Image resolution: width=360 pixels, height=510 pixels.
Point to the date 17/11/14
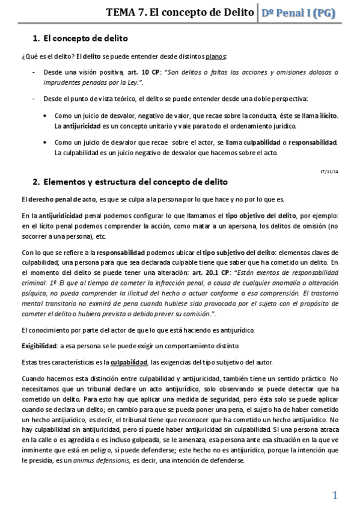click(x=329, y=171)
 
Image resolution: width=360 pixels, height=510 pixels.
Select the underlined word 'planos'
click(x=216, y=57)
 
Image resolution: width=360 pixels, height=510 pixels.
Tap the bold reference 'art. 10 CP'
click(x=136, y=72)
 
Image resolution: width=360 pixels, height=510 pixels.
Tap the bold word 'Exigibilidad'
click(x=40, y=346)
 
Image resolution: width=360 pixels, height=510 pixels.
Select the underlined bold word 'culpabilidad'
click(x=129, y=362)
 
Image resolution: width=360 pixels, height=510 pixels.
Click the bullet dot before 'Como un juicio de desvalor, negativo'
click(x=47, y=115)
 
